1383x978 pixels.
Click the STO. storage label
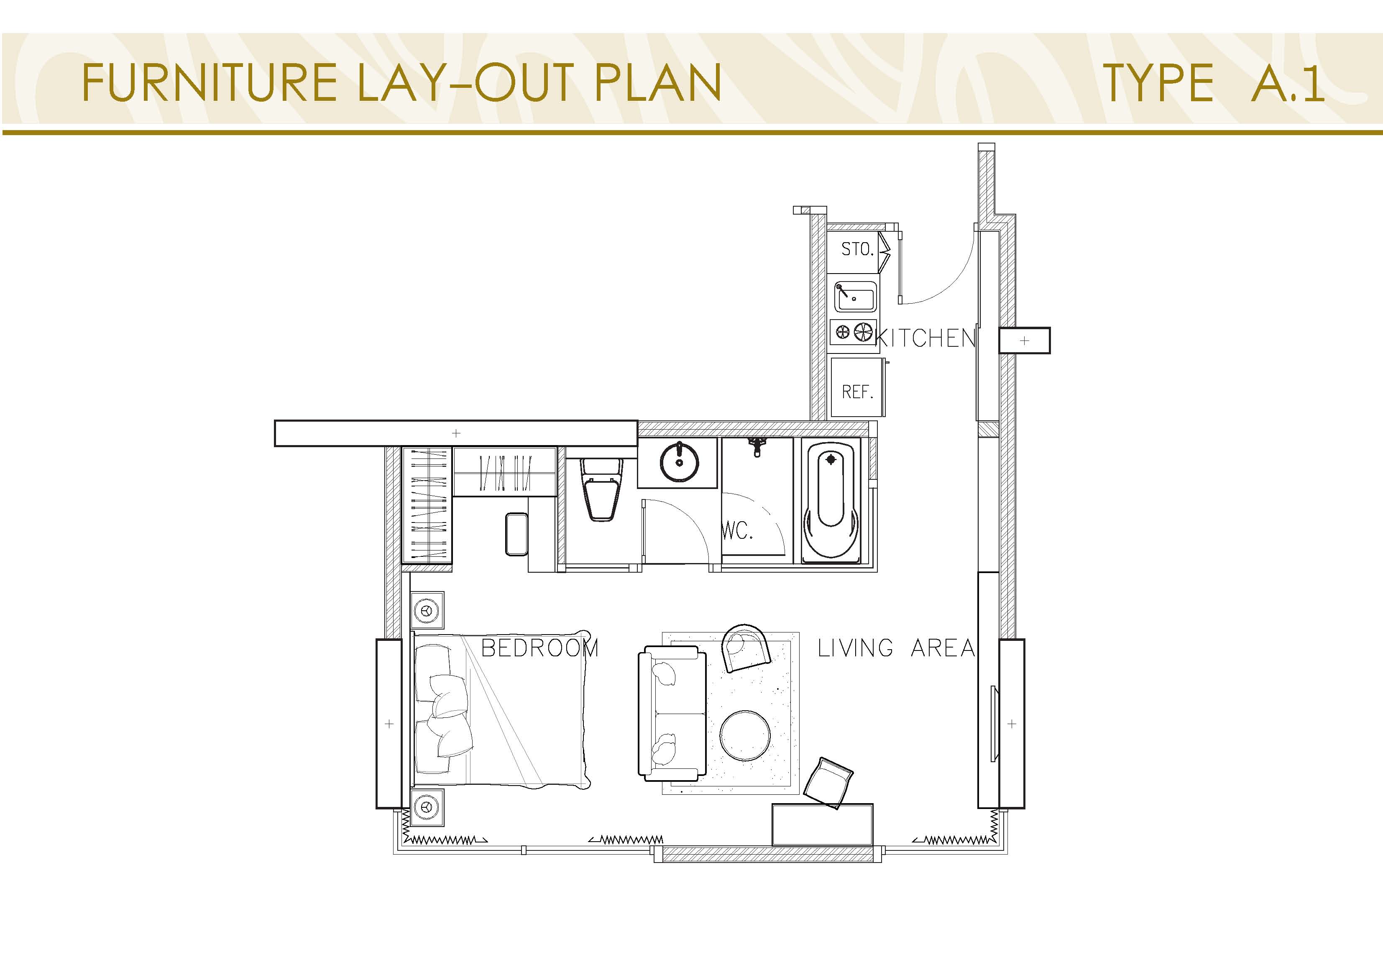(x=856, y=249)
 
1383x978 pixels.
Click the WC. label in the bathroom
(x=737, y=531)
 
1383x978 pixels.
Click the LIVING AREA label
(x=896, y=648)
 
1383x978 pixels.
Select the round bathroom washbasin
(x=680, y=462)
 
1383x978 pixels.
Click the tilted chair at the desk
(x=828, y=783)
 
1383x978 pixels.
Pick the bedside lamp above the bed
(x=427, y=610)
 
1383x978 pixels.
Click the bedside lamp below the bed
(x=427, y=806)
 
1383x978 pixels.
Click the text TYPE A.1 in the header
(x=1213, y=83)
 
